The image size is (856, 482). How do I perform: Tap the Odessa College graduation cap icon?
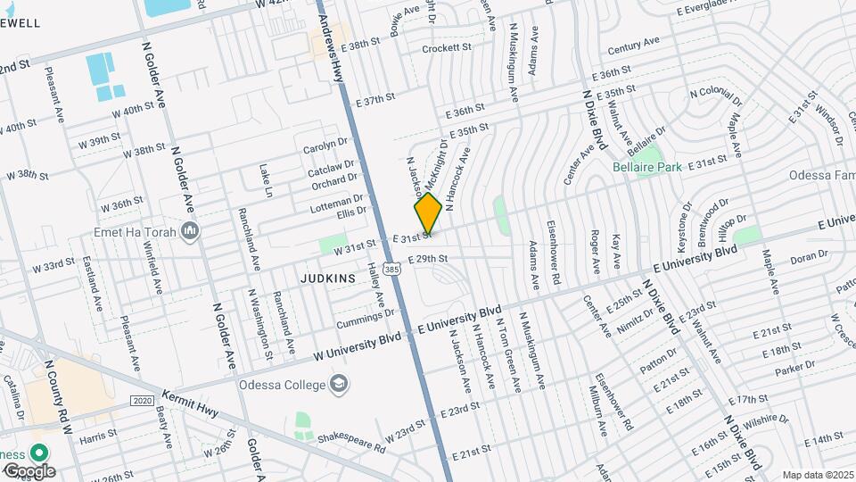click(339, 385)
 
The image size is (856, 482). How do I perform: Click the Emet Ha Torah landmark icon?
click(188, 233)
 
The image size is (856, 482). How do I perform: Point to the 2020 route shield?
click(143, 402)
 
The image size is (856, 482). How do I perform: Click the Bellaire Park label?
click(647, 167)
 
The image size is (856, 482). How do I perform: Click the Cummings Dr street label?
click(366, 316)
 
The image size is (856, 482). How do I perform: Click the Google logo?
click(29, 470)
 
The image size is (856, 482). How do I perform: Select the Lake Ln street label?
click(265, 179)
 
